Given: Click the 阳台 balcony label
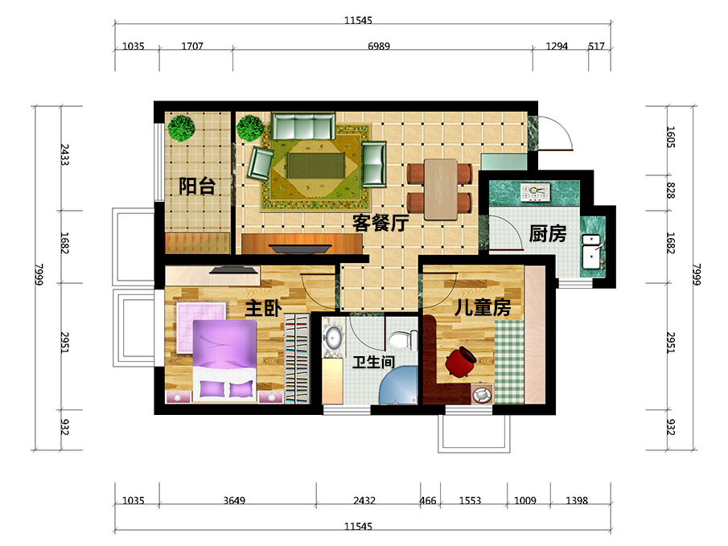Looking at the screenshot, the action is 197,187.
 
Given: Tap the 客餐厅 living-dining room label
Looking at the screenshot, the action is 380,223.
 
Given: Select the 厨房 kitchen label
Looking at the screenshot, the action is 548,233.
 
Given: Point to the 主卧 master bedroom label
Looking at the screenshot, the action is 263,308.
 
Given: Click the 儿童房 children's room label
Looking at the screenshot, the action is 483,307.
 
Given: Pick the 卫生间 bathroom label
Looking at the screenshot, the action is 373,362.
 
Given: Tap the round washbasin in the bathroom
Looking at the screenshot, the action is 333,338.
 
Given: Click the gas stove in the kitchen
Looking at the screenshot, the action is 535,192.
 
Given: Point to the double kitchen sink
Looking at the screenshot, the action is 592,252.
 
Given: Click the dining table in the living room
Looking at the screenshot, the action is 440,189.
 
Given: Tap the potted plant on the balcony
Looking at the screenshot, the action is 181,128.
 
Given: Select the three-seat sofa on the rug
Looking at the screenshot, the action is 303,126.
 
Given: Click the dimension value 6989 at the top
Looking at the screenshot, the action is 379,46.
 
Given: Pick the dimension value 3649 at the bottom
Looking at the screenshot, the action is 234,500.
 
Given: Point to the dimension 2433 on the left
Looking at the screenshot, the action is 64,154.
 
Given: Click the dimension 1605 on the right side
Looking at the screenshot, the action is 670,137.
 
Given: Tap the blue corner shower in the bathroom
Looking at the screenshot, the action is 398,384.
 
